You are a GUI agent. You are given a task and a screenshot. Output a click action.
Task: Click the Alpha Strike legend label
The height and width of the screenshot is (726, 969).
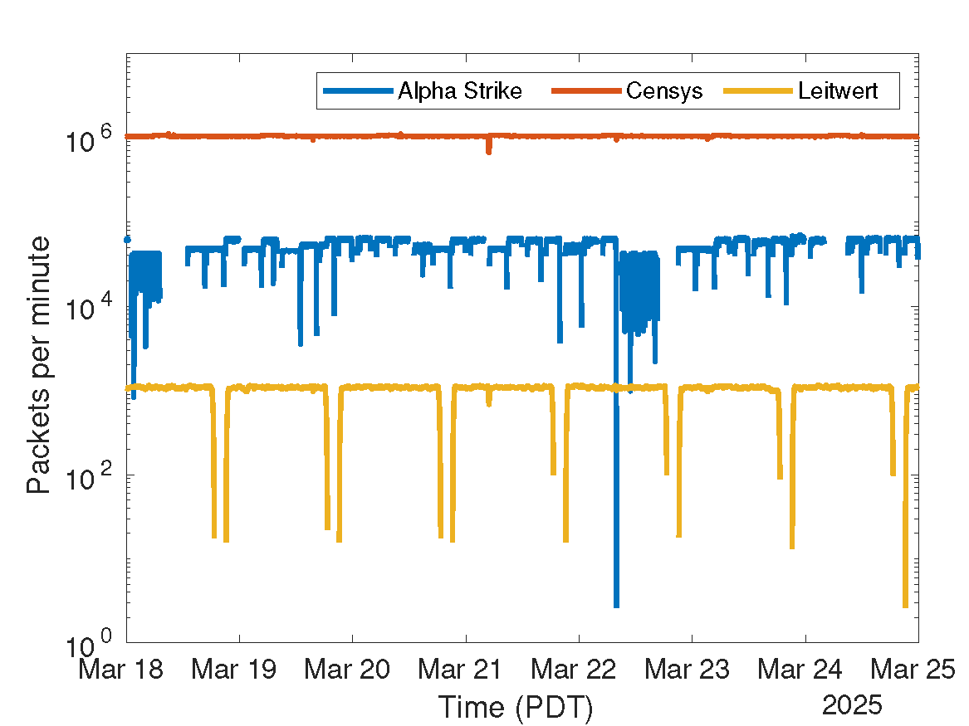click(x=460, y=90)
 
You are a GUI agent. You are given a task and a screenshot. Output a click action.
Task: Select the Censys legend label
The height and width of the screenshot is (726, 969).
click(x=664, y=90)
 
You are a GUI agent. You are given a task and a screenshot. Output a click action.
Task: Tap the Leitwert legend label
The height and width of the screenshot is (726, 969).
click(x=837, y=90)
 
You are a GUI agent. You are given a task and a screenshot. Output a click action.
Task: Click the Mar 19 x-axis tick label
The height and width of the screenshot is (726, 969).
click(x=239, y=670)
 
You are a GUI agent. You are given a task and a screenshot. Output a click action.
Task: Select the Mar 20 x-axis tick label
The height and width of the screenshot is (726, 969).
click(x=352, y=670)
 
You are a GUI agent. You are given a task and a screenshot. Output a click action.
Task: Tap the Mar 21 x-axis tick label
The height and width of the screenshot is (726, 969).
click(x=466, y=670)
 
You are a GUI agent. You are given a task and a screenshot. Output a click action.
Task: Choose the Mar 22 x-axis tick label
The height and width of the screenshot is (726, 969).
click(x=579, y=670)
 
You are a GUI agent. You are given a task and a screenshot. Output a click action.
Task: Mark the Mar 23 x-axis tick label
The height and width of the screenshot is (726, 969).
click(x=692, y=670)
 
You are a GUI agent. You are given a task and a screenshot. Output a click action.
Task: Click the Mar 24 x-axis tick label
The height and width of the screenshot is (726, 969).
click(x=805, y=670)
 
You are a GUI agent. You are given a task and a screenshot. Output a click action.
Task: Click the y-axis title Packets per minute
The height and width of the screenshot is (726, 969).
click(x=38, y=365)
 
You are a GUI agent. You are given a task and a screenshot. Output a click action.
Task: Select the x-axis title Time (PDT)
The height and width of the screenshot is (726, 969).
click(x=515, y=708)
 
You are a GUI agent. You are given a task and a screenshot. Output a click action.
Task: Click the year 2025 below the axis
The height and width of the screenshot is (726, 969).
click(x=853, y=706)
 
